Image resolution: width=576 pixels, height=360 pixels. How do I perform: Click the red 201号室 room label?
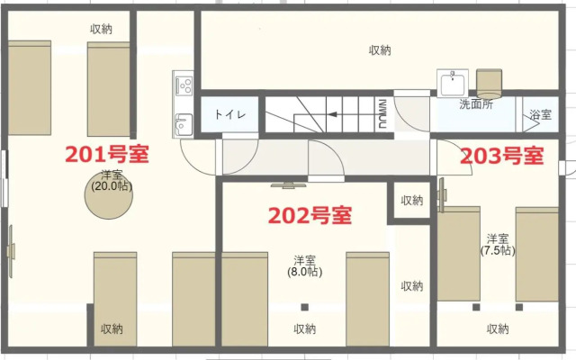[x=107, y=154]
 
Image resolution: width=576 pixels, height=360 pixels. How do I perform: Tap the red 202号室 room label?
[x=310, y=215]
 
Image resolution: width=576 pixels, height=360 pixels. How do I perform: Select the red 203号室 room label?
[x=502, y=156]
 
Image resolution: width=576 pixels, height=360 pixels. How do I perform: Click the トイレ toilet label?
[x=230, y=114]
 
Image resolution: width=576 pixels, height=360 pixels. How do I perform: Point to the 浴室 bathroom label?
[x=540, y=114]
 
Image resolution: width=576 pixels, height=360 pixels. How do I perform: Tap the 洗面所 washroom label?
[x=476, y=104]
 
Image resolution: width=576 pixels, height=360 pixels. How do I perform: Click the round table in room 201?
[x=109, y=195]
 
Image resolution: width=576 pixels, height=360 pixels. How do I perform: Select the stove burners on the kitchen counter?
[x=184, y=85]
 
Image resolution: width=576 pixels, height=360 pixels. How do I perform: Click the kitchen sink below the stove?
[x=184, y=125]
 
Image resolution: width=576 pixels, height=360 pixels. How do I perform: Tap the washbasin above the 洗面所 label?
[x=453, y=83]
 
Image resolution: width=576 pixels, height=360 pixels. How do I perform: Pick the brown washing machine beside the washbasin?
[x=489, y=84]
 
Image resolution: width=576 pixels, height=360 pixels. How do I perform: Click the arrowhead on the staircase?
[x=332, y=114]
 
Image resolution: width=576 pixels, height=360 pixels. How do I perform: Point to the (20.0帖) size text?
[x=112, y=186]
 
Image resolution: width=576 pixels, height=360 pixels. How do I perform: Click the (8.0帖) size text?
[x=304, y=272]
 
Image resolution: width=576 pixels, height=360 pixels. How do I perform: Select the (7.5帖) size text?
[x=498, y=250]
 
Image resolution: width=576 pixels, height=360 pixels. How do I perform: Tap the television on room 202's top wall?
[x=288, y=185]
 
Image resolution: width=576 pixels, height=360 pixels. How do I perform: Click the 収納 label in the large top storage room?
[x=380, y=50]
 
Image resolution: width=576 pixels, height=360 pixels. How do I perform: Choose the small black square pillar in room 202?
[x=304, y=307]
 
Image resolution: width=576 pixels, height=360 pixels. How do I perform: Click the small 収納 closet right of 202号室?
[x=412, y=200]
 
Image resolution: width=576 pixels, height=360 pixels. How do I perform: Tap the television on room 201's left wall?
[x=11, y=251]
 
